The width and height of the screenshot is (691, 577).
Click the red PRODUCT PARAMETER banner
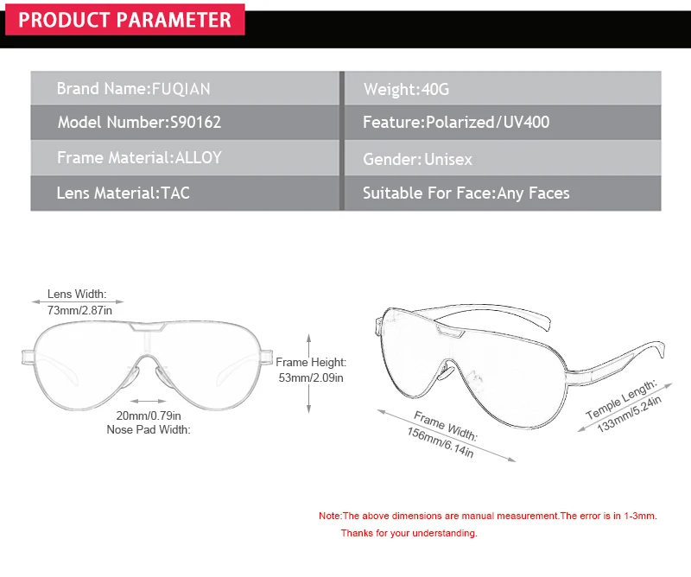(124, 19)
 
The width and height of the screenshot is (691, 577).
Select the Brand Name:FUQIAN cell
(185, 88)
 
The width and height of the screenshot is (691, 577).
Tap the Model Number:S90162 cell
(185, 122)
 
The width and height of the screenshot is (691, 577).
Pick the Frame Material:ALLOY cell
(185, 157)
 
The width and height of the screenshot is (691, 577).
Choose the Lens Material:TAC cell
(185, 193)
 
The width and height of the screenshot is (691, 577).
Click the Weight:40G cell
(503, 88)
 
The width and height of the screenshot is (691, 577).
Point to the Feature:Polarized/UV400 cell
(503, 122)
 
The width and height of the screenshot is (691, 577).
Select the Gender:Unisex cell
(503, 157)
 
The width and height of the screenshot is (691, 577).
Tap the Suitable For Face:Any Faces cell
(503, 193)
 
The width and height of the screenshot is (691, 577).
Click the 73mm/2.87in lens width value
(79, 310)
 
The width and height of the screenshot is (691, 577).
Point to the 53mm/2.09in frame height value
(311, 377)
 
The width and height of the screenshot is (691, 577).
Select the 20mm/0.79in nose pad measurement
(149, 415)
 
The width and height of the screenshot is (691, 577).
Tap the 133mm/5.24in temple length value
(630, 414)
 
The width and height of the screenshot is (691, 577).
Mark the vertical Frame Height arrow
(309, 373)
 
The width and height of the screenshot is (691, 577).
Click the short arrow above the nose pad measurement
(148, 401)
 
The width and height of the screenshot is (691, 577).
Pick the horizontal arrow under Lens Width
(78, 302)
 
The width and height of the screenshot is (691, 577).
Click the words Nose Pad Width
(149, 429)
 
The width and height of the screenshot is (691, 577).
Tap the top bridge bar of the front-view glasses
(148, 327)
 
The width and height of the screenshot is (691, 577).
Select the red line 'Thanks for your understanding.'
(409, 533)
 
